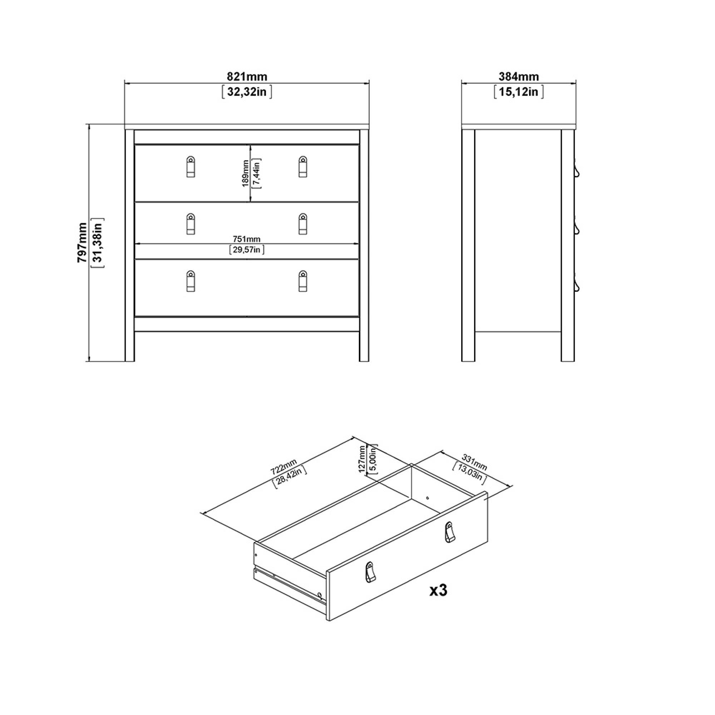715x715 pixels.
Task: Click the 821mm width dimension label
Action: (x=247, y=77)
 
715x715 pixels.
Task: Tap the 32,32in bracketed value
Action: (x=247, y=92)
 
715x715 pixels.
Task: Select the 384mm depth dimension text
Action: (x=518, y=77)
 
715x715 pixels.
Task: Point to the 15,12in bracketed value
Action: (x=518, y=92)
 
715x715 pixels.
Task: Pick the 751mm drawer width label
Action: (x=246, y=240)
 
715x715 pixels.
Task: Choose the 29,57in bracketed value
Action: (x=247, y=250)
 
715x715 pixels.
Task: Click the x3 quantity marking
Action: (x=438, y=590)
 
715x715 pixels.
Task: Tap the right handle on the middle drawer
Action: (x=303, y=223)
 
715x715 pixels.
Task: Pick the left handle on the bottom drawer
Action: (x=191, y=281)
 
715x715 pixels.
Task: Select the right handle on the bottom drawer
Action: (x=303, y=281)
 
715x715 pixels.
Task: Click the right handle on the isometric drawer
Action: (x=449, y=532)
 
